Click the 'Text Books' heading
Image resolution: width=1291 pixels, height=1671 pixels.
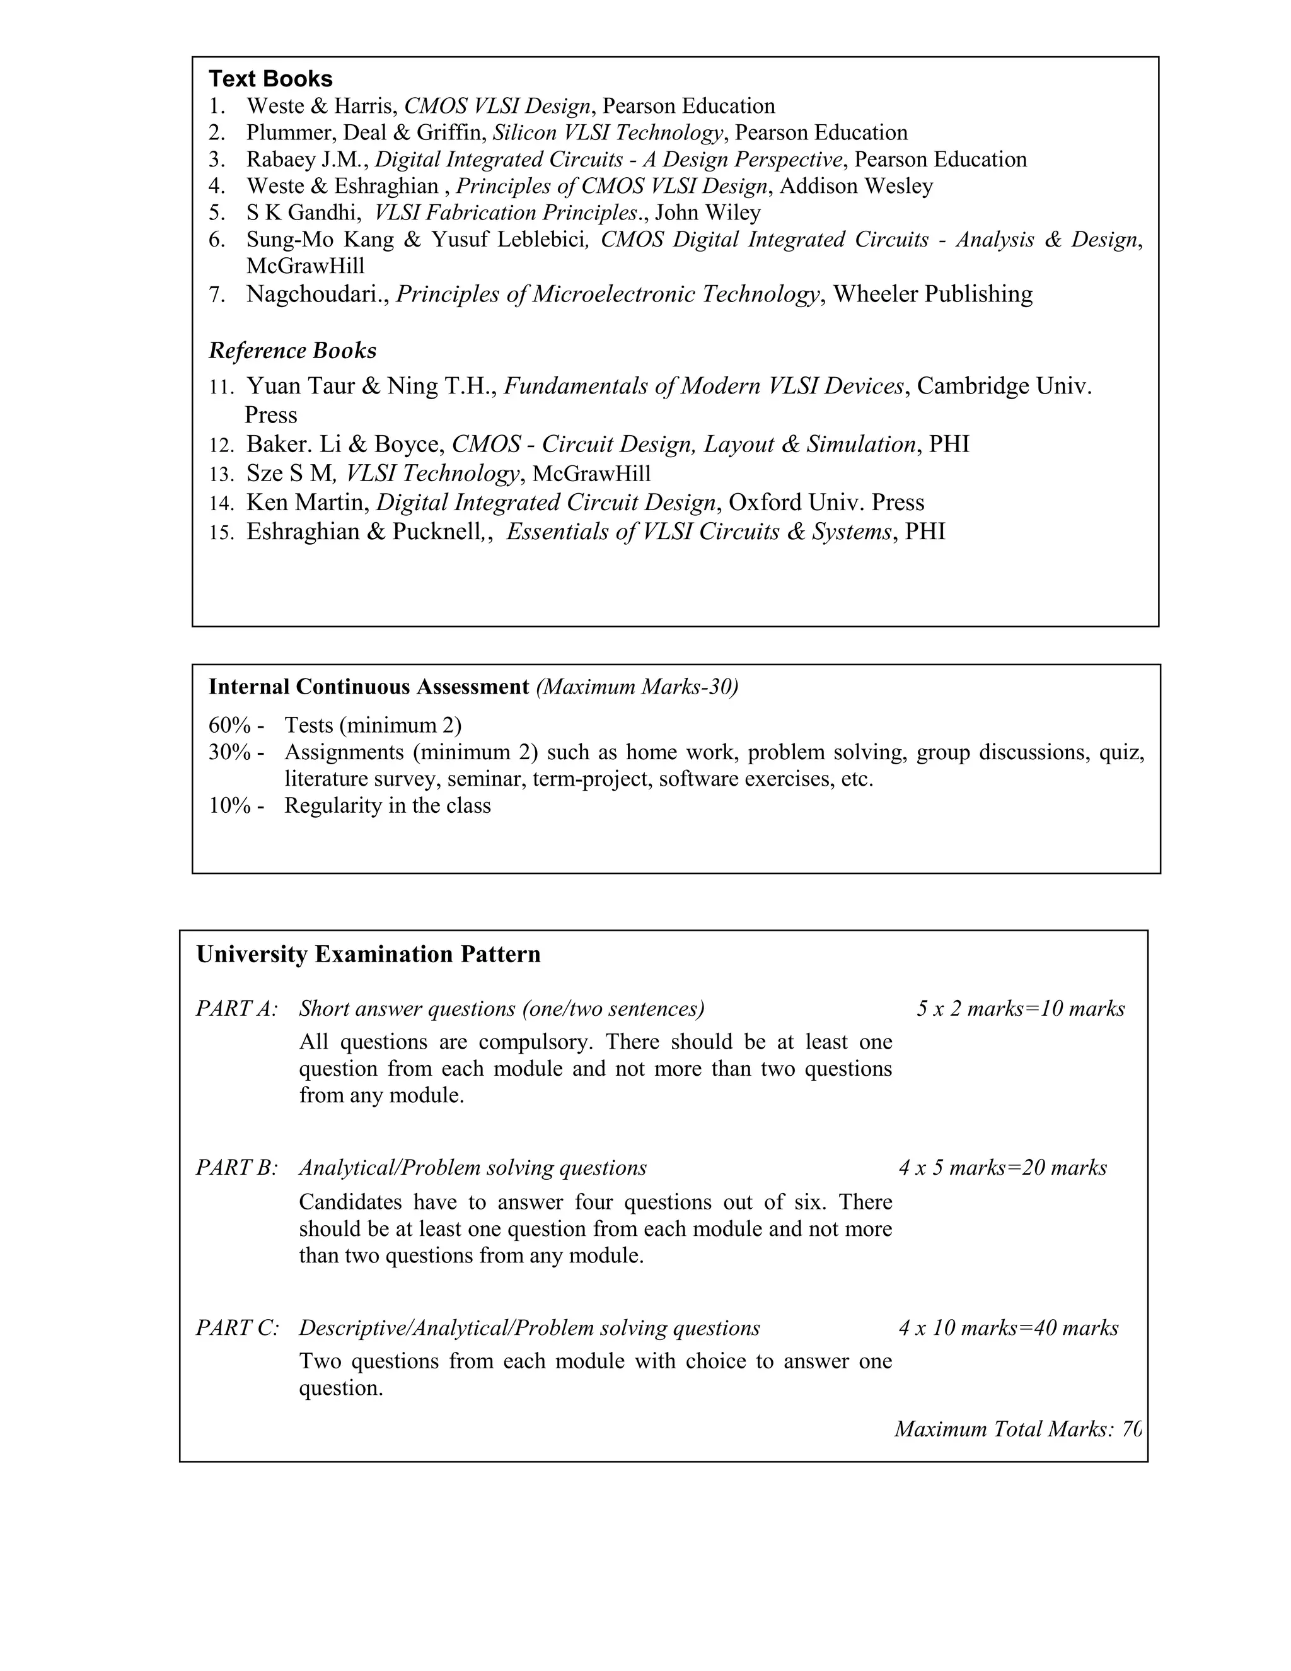point(270,79)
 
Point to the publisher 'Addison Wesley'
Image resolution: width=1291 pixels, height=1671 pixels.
point(856,186)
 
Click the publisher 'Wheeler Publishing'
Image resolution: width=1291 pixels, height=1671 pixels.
point(932,294)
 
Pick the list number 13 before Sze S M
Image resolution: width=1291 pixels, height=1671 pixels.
point(221,474)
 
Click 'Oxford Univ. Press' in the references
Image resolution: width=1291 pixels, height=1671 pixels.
point(826,503)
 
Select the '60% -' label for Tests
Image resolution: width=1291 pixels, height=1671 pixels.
point(236,725)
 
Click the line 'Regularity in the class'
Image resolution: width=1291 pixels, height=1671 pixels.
point(387,806)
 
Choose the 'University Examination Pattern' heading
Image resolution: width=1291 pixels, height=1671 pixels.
point(369,954)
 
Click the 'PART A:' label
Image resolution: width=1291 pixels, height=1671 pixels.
point(237,1008)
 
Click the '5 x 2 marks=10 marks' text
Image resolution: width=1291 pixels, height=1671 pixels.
point(1021,1008)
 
